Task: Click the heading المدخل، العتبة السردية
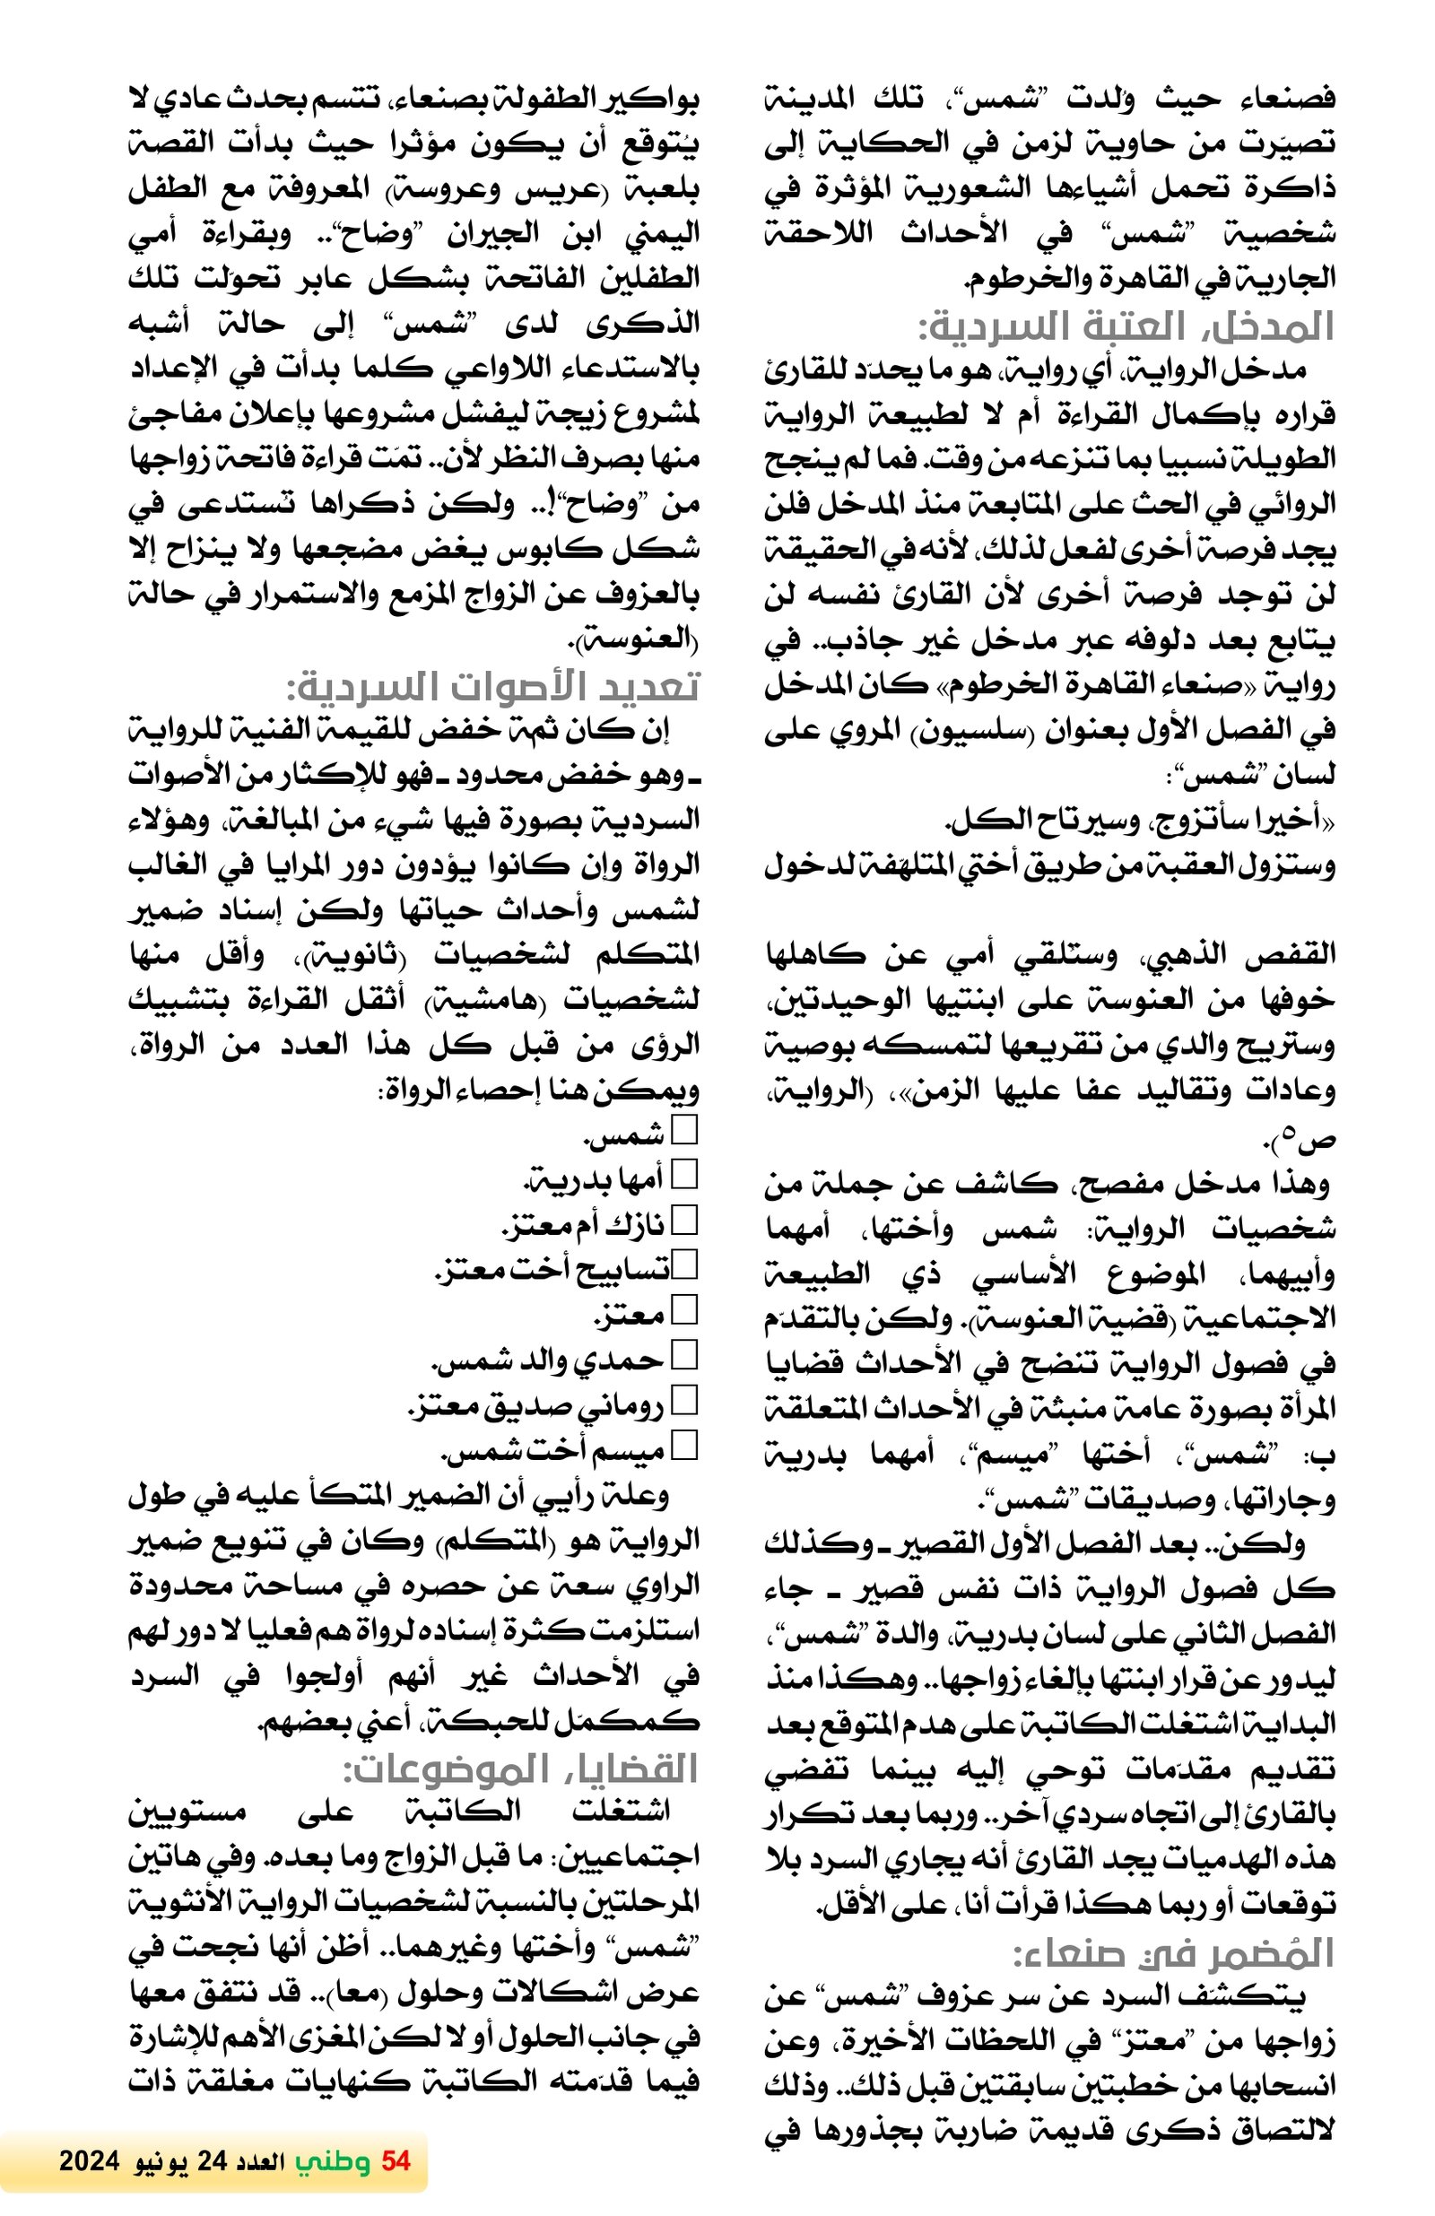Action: (x=1125, y=326)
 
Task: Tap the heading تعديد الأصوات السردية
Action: (x=491, y=687)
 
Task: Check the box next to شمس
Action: (x=684, y=1130)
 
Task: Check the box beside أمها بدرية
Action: (x=684, y=1175)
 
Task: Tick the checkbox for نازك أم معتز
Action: (x=684, y=1220)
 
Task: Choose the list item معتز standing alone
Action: (x=630, y=1312)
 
